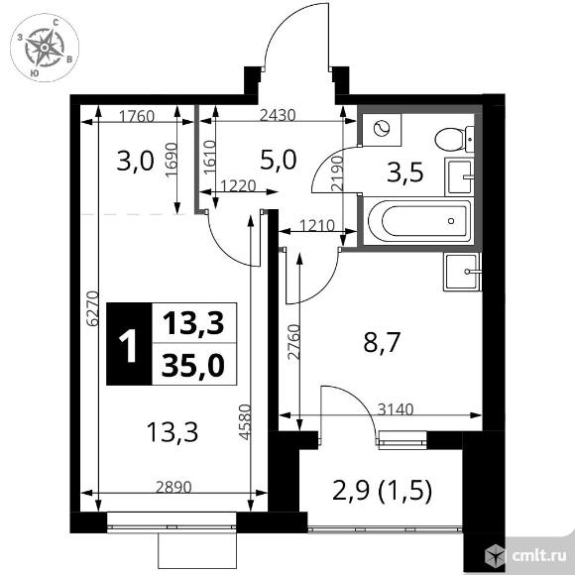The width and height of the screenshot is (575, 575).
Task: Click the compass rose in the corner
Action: pos(45,48)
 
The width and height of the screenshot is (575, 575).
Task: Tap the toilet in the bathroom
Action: pos(454,140)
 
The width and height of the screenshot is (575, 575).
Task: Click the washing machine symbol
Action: pos(381,129)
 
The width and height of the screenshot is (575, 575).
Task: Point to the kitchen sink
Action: pos(461,272)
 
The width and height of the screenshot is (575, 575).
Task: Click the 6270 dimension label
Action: pos(93,308)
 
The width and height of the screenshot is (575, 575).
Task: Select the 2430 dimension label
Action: pos(278,116)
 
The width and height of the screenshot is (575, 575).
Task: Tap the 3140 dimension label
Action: pos(396,409)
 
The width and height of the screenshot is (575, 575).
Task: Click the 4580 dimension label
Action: pos(244,421)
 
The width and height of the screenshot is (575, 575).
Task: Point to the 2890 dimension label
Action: pos(173,488)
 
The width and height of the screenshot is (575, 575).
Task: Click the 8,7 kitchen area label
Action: pos(381,342)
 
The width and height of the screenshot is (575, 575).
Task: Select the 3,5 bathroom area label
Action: pos(405,172)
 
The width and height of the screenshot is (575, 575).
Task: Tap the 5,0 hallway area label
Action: pos(278,161)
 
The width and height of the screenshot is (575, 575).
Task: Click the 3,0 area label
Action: pos(135,162)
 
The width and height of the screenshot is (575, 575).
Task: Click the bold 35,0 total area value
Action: pos(193,366)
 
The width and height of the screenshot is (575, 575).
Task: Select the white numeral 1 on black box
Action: pos(128,344)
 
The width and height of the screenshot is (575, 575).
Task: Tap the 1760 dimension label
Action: pos(137,117)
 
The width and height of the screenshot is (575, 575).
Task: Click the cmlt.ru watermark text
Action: pos(538,556)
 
